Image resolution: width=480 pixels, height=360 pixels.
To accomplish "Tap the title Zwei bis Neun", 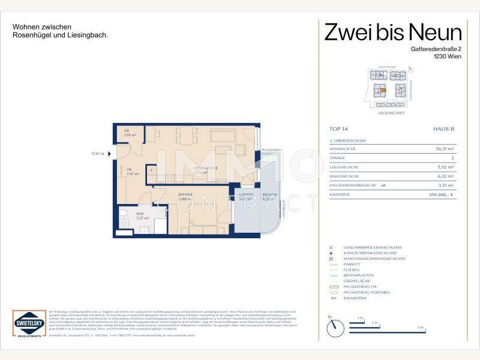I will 393,31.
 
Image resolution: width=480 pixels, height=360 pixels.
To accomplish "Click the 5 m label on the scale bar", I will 421,328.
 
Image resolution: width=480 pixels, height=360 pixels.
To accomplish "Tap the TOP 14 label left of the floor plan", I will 97,154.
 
